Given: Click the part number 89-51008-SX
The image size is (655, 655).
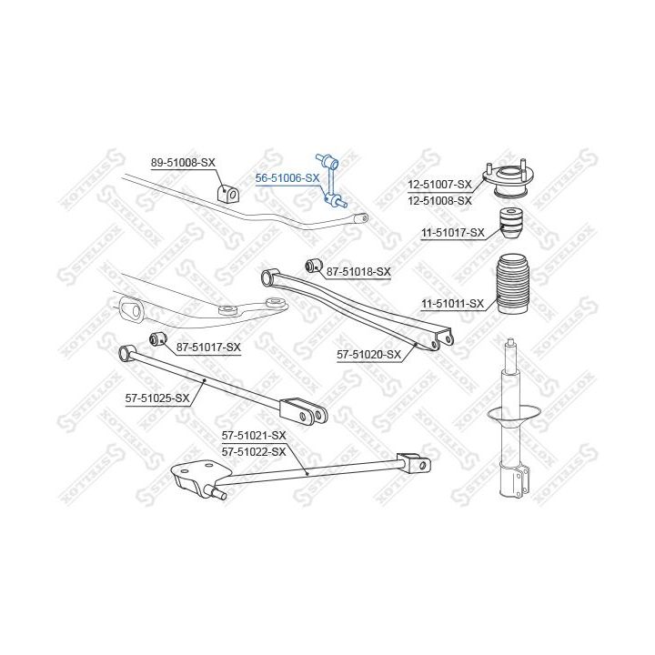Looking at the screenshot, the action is (183, 163).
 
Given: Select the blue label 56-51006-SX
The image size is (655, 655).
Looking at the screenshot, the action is (287, 178).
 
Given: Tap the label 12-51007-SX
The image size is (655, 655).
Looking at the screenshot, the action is (440, 184).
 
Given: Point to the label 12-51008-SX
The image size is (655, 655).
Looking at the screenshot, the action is (440, 201).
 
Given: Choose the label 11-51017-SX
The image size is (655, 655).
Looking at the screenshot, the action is (453, 233).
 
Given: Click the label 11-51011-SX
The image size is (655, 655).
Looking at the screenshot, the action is (453, 304).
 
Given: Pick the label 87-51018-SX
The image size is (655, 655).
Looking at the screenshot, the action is (358, 272).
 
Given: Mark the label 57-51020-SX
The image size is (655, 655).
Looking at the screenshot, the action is (368, 355).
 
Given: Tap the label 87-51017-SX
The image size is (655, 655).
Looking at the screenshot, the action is (208, 348).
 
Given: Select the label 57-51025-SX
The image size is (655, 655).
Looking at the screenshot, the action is (157, 398).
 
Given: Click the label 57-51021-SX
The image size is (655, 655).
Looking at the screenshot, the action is (254, 436).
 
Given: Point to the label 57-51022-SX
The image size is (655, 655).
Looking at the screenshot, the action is (254, 452).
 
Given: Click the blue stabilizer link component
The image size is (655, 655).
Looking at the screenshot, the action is (331, 180).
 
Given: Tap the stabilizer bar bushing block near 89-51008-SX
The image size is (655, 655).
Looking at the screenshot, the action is (226, 193).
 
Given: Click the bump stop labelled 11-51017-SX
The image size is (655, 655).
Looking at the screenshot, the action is (511, 224).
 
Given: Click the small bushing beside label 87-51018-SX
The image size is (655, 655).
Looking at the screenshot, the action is (313, 266).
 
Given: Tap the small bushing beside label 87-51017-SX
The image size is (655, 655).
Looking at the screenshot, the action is (158, 338).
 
